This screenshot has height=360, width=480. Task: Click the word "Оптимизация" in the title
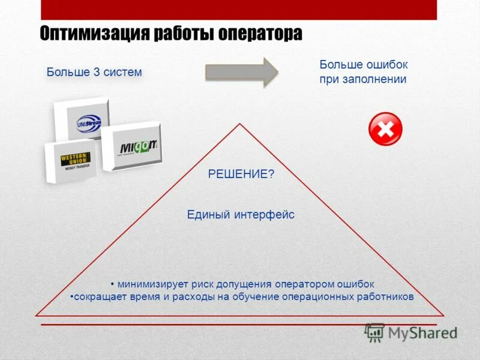[92, 34]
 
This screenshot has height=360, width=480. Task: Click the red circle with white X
[385, 129]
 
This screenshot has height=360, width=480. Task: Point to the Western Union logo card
[71, 161]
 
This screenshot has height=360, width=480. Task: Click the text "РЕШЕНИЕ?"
[241, 174]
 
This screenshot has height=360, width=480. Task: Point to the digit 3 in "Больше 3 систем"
[96, 73]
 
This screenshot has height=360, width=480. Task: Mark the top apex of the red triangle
[240, 124]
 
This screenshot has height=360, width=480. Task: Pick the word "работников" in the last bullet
[387, 296]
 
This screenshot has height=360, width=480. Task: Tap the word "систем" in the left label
[122, 73]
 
